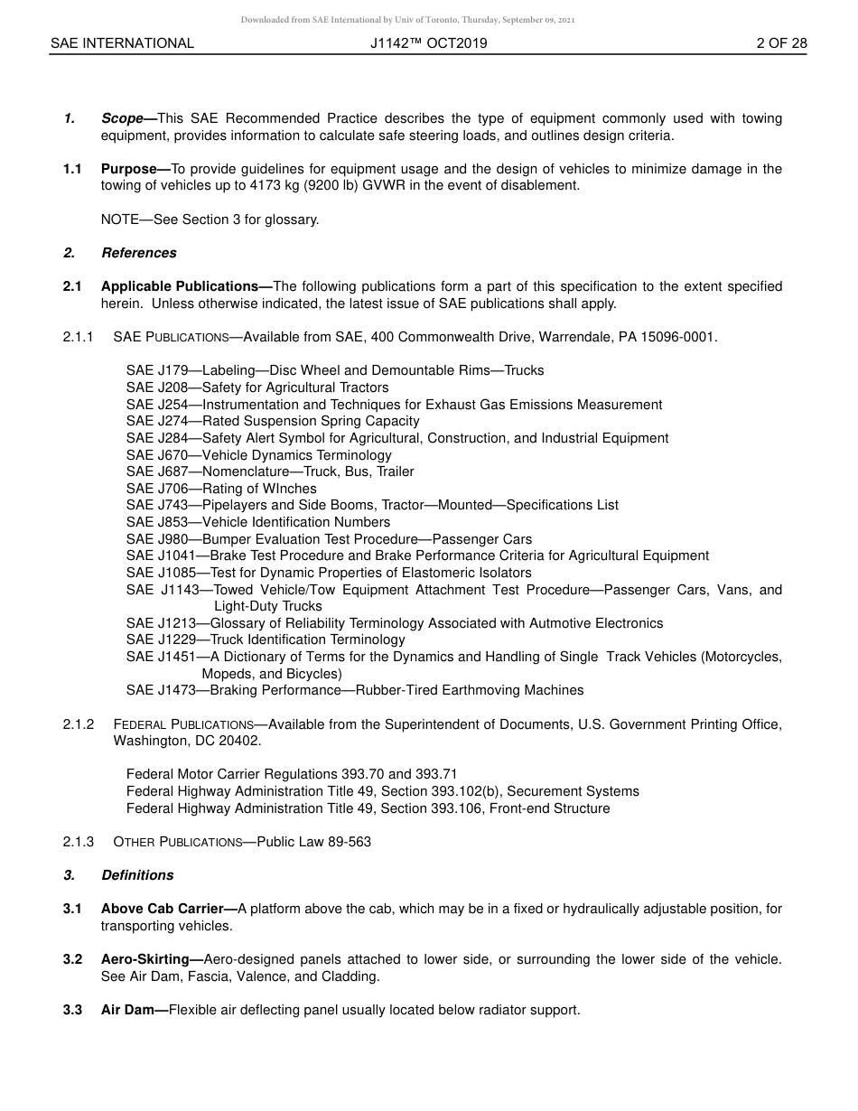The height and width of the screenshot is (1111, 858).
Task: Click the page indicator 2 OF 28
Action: pos(781,42)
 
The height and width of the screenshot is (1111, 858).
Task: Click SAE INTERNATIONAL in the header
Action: pos(122,42)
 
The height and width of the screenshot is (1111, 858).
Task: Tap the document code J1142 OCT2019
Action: pos(428,42)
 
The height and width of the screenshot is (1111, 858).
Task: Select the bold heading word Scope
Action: pos(122,118)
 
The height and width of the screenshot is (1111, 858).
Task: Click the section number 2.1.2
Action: pos(79,724)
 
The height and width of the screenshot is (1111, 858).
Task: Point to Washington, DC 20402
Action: pos(187,741)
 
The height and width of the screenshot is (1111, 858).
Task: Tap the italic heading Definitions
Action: pos(137,875)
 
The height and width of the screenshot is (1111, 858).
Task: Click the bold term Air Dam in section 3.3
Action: pos(128,1010)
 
